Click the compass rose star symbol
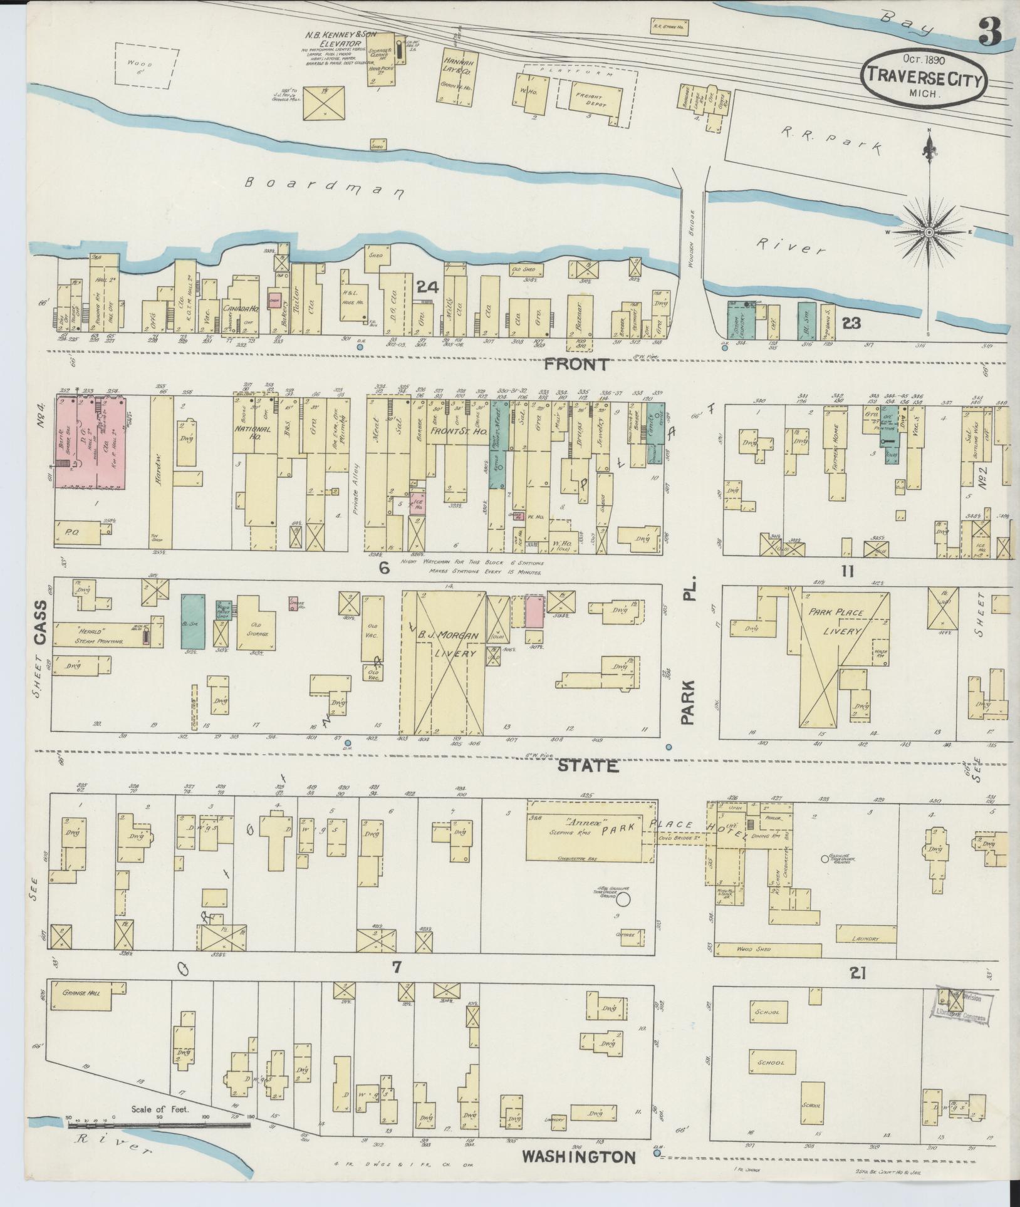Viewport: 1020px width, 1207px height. [929, 232]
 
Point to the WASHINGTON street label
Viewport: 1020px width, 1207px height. [579, 1156]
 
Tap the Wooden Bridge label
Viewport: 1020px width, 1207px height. [693, 238]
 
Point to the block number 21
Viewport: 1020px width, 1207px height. [858, 972]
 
